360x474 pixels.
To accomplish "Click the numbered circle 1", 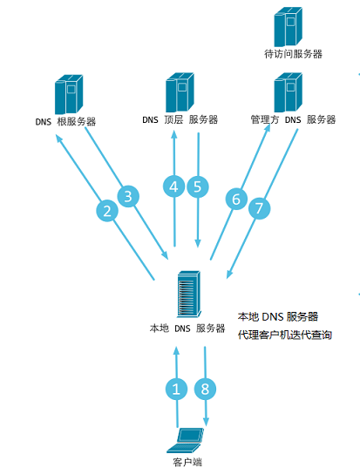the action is (x=176, y=389).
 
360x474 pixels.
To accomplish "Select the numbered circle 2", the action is (x=107, y=211).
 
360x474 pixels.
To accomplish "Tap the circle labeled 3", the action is (x=128, y=196).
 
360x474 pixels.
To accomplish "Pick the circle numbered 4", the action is (x=173, y=186).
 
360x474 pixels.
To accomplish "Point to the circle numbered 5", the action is (x=198, y=186).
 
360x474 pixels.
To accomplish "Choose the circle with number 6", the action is (x=236, y=199).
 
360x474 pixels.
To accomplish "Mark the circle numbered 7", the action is (x=259, y=208).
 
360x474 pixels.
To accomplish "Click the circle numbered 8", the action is (x=205, y=389).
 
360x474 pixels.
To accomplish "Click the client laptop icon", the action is (x=185, y=440).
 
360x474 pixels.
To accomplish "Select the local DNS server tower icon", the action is (x=189, y=294).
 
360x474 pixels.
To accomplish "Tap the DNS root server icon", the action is (x=69, y=94).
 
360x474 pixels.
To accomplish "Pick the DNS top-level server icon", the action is (x=180, y=91).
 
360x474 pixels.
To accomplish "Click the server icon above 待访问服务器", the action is (x=289, y=27).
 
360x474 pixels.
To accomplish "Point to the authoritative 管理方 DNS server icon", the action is (x=289, y=92).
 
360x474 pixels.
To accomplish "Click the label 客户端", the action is (x=187, y=462).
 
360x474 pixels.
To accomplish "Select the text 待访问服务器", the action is (x=293, y=54).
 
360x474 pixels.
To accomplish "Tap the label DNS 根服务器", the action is (x=65, y=121).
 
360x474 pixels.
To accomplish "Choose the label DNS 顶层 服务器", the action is (x=180, y=119).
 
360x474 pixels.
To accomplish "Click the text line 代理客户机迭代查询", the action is (x=285, y=335).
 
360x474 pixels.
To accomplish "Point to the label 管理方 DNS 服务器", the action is (x=293, y=119).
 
